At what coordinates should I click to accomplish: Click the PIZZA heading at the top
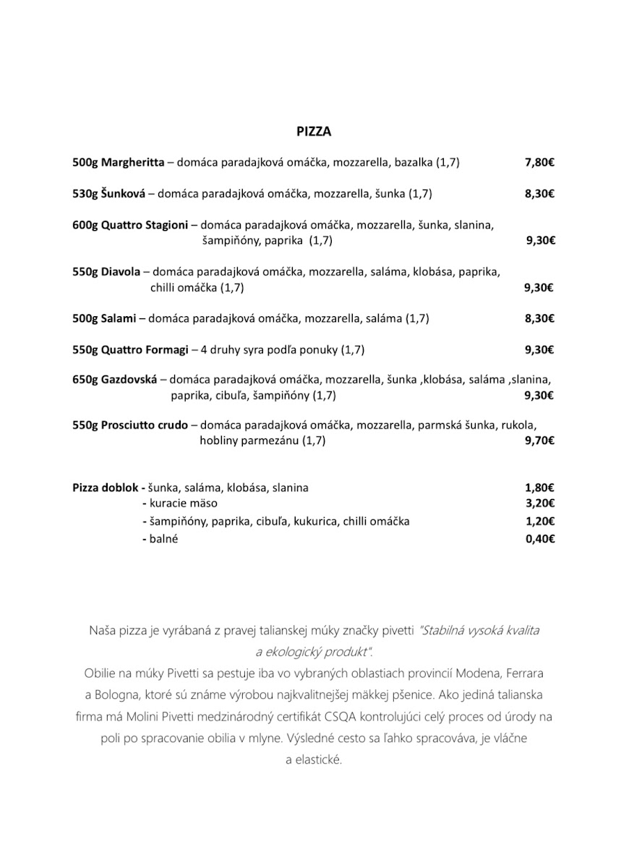pyautogui.click(x=314, y=132)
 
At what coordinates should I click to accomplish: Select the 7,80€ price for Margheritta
pyautogui.click(x=539, y=163)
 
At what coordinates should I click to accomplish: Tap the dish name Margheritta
pyautogui.click(x=133, y=163)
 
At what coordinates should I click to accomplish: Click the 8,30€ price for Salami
pyautogui.click(x=539, y=318)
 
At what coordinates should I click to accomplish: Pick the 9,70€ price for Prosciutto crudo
pyautogui.click(x=539, y=441)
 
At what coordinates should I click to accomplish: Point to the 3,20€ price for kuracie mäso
pyautogui.click(x=539, y=503)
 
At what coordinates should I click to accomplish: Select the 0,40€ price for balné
pyautogui.click(x=539, y=539)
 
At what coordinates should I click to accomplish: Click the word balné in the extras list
pyautogui.click(x=164, y=539)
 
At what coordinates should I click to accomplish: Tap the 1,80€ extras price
pyautogui.click(x=539, y=488)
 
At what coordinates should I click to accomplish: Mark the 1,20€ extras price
pyautogui.click(x=539, y=522)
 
